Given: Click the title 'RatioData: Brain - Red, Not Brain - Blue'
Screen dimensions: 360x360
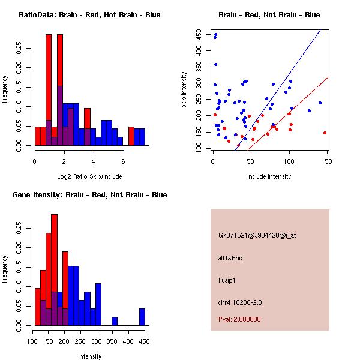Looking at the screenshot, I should point(89,15).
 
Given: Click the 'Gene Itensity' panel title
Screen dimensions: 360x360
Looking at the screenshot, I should point(90,195).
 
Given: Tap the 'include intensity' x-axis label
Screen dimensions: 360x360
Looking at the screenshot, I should point(269,176).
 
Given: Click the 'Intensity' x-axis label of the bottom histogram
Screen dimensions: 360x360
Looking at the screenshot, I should point(89,356).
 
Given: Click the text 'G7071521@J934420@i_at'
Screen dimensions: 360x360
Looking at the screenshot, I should point(257,235).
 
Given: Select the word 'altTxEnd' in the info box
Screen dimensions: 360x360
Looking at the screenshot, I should point(230,258).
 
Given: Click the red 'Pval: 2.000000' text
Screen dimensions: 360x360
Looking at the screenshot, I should point(240,319).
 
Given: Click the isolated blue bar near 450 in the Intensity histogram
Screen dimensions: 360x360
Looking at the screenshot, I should point(142,317).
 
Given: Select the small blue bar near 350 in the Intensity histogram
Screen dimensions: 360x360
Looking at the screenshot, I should point(115,321).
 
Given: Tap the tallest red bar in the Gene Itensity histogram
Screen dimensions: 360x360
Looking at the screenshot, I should point(55,270).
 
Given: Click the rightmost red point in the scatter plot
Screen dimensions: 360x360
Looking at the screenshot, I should point(325,133).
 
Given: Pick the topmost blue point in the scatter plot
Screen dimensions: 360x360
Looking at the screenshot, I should point(215,34).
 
